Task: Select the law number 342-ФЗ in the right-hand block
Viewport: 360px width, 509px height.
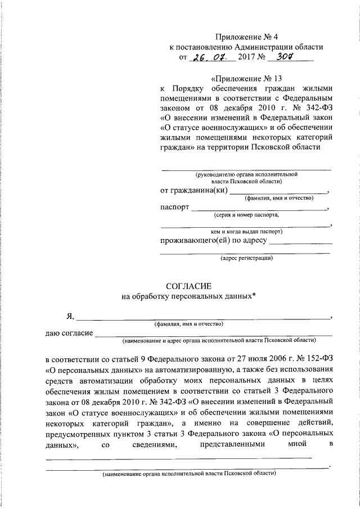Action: (314, 108)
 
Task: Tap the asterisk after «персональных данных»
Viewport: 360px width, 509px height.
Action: (254, 296)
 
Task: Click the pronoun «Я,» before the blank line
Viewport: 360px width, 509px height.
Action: (70, 317)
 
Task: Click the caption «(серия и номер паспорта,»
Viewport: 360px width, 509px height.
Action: (246, 215)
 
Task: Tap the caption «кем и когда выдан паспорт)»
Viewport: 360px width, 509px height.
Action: (246, 231)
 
